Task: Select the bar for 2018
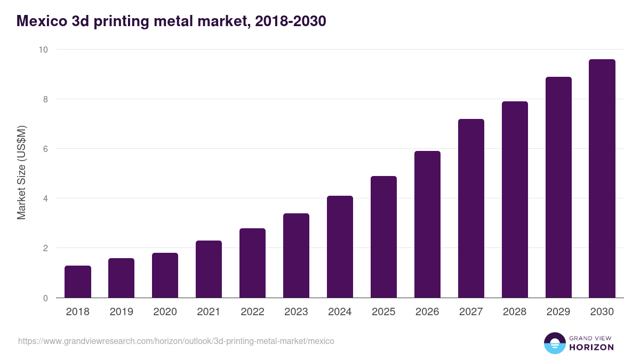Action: (x=78, y=282)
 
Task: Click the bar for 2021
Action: (x=209, y=269)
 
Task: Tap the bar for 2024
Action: (x=340, y=247)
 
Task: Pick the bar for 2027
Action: (x=471, y=208)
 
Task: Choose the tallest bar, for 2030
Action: (x=602, y=179)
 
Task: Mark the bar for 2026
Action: (x=427, y=224)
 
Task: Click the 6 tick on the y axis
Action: (x=45, y=149)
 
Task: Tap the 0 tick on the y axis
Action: (x=45, y=298)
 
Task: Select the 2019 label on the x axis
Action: (x=121, y=312)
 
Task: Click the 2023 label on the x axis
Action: (x=296, y=312)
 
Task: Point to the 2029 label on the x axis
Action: (x=558, y=312)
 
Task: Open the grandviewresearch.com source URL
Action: (x=176, y=341)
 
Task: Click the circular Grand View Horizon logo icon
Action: (x=555, y=343)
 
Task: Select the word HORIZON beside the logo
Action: (x=591, y=347)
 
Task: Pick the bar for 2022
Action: (x=252, y=263)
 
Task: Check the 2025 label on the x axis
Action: (x=383, y=312)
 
